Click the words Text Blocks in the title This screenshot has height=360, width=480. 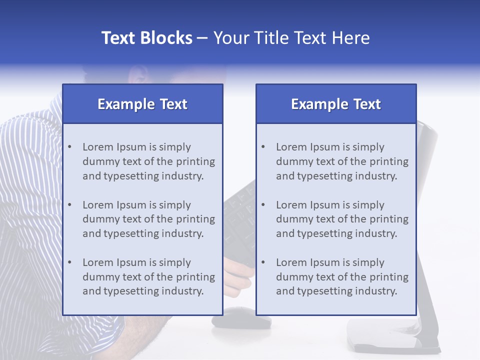146,38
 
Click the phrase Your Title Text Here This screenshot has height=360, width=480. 291,38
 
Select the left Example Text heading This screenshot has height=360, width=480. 142,104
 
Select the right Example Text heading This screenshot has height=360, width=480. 336,104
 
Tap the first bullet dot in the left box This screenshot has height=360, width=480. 69,147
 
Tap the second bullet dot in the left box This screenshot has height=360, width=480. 69,205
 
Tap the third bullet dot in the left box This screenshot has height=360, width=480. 69,262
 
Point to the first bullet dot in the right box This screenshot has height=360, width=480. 263,147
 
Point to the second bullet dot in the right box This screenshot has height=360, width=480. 263,205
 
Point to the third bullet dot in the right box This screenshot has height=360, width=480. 263,262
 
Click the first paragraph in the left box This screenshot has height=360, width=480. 148,161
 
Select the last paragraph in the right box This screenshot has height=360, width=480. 342,277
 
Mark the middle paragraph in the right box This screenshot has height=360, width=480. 342,219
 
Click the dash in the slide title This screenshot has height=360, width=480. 202,38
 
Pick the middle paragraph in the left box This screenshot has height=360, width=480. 148,219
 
